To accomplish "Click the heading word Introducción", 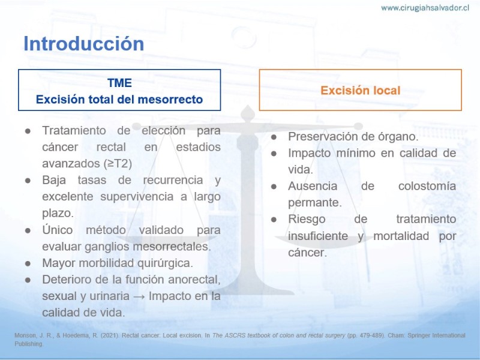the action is coord(83,43).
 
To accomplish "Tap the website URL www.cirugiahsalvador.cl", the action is coord(425,8).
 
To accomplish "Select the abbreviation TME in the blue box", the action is coord(119,83).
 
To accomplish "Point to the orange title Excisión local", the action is coord(361,91).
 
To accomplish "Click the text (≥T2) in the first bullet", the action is coord(118,164).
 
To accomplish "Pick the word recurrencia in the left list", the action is coord(173,180).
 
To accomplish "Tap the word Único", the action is coord(58,230).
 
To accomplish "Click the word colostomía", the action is coord(427,186).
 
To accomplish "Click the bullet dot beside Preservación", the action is coord(274,137).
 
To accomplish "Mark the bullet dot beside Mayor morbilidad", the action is coord(28,263).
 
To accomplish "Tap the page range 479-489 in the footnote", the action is coord(371,335).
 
